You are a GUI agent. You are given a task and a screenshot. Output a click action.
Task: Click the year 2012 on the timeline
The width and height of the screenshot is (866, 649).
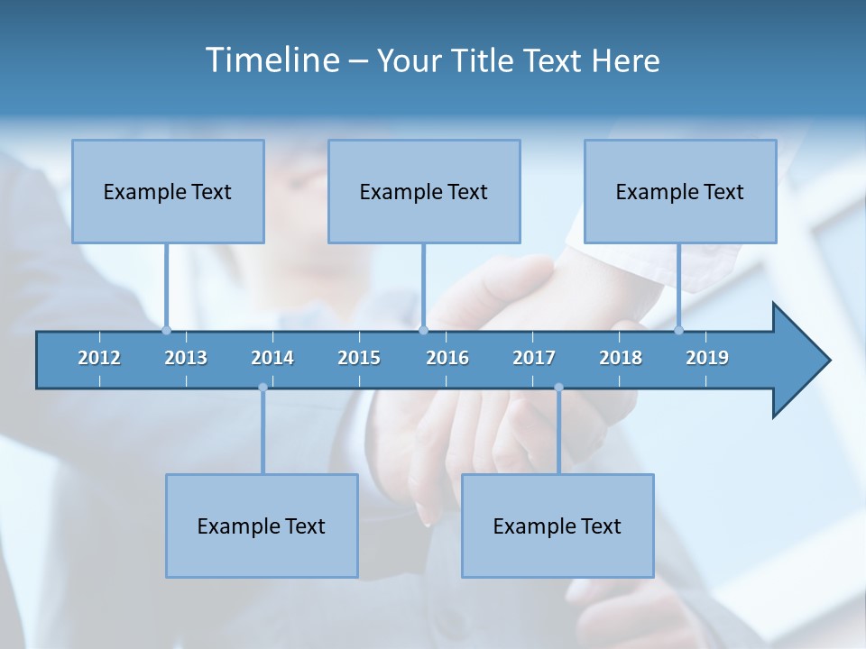click(99, 358)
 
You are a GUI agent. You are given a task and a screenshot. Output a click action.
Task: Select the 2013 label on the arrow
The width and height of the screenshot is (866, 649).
click(186, 358)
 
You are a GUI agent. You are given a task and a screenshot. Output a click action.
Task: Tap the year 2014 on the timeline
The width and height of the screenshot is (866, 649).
click(272, 358)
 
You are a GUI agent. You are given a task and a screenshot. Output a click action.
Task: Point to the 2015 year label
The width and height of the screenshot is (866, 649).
click(359, 358)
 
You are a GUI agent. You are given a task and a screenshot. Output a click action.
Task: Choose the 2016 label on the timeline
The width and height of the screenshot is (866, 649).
click(447, 358)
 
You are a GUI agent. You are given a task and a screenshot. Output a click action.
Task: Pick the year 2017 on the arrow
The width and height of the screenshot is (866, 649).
click(534, 358)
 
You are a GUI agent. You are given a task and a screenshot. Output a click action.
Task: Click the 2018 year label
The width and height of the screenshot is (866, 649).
click(621, 358)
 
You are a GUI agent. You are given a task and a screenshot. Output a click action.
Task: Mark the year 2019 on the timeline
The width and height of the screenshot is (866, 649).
click(707, 358)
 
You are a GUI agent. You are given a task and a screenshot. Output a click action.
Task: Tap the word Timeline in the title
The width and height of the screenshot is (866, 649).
click(270, 60)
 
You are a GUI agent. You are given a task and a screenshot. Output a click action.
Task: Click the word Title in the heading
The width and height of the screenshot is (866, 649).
click(484, 61)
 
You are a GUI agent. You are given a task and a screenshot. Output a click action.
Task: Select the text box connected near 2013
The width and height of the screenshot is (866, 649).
click(168, 191)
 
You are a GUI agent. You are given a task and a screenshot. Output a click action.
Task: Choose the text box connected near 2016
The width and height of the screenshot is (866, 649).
click(424, 191)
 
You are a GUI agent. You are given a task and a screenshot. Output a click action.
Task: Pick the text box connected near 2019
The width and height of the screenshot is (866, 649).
click(680, 191)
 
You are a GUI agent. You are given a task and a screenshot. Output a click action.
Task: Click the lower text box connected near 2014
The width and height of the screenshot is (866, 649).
click(262, 526)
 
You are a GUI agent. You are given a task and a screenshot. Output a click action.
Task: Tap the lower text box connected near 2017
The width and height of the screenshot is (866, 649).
click(557, 526)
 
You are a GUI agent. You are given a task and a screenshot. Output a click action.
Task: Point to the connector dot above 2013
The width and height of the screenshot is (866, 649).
click(166, 330)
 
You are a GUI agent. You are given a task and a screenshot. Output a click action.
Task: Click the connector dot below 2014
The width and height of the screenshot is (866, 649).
click(263, 388)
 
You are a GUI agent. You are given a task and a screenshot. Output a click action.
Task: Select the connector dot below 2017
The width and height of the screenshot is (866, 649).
click(558, 388)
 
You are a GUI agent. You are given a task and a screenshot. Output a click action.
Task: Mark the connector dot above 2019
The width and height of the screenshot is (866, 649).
click(678, 330)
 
